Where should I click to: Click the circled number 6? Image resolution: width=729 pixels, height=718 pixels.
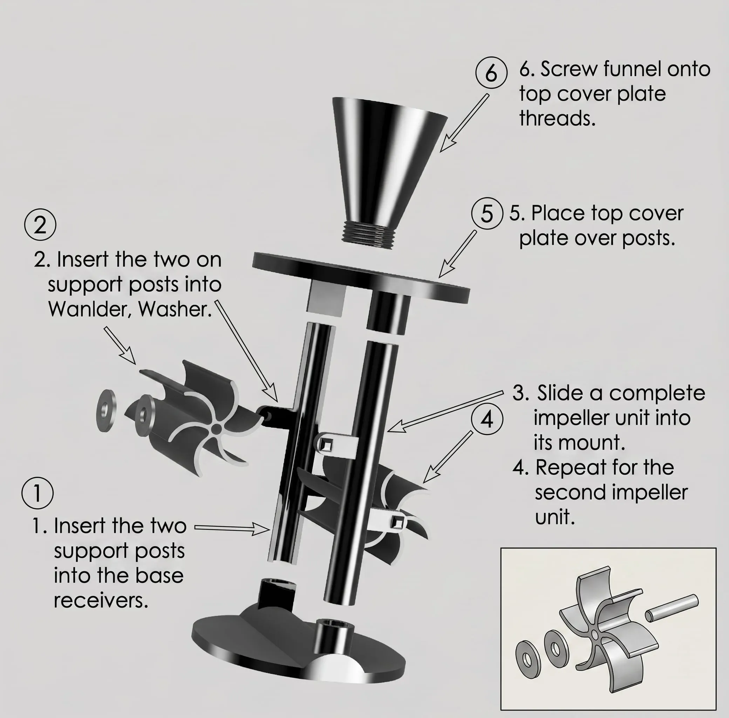(x=491, y=73)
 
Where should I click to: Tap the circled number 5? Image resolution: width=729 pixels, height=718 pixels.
(x=487, y=214)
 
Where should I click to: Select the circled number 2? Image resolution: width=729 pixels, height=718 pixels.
(x=40, y=225)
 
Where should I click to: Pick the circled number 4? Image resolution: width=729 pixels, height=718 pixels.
(x=488, y=419)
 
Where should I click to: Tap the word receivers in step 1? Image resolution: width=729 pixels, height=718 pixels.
(x=101, y=600)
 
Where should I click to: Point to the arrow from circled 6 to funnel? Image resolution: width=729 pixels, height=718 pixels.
(x=464, y=123)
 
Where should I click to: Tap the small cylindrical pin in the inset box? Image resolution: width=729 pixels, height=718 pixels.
(x=672, y=608)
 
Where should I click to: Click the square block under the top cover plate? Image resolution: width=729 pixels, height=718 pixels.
(x=326, y=298)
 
